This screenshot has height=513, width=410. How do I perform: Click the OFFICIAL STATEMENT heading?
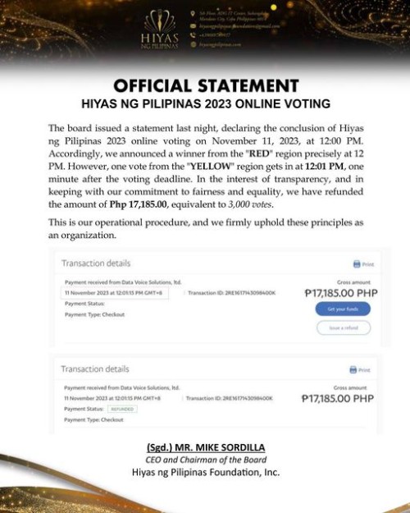point(205,86)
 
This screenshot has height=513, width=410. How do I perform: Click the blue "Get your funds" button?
point(343,309)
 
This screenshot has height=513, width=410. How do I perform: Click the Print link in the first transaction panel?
point(363,264)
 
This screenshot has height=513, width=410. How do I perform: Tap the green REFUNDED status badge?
point(121,409)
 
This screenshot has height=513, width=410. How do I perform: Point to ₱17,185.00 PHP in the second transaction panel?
point(339,398)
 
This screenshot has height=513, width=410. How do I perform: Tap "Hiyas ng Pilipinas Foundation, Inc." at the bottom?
point(205,473)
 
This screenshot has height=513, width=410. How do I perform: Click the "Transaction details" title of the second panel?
point(95,369)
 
